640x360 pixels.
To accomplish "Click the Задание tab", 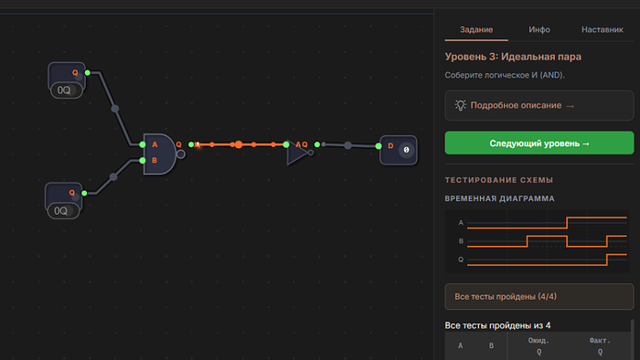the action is pyautogui.click(x=476, y=30).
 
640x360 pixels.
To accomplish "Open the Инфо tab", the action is pyautogui.click(x=539, y=30).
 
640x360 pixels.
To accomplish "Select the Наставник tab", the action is pyautogui.click(x=602, y=30).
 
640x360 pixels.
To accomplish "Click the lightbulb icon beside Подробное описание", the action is pyautogui.click(x=461, y=105).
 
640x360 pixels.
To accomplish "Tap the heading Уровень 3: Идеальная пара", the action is pyautogui.click(x=513, y=57).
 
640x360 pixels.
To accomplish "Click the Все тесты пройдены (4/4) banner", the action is pyautogui.click(x=539, y=296).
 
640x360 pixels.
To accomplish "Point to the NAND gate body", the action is pyautogui.click(x=160, y=154).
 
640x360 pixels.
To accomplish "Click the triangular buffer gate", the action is pyautogui.click(x=297, y=153).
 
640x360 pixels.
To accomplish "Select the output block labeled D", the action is pyautogui.click(x=399, y=150).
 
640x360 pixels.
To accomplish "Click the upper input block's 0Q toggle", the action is pyautogui.click(x=66, y=90).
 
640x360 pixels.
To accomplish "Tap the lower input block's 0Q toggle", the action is pyautogui.click(x=63, y=211).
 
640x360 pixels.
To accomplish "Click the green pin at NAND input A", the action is pyautogui.click(x=143, y=144).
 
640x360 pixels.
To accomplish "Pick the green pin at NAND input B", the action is pyautogui.click(x=143, y=161).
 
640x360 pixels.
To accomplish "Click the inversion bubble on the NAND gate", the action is pyautogui.click(x=180, y=154).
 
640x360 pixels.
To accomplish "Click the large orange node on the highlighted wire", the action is pyautogui.click(x=239, y=144).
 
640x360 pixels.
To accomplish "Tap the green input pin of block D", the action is pyautogui.click(x=379, y=146).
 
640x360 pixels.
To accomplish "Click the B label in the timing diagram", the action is pyautogui.click(x=461, y=241).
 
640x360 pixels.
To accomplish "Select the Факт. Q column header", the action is pyautogui.click(x=600, y=345).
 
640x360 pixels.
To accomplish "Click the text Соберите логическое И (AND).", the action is pyautogui.click(x=505, y=75).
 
